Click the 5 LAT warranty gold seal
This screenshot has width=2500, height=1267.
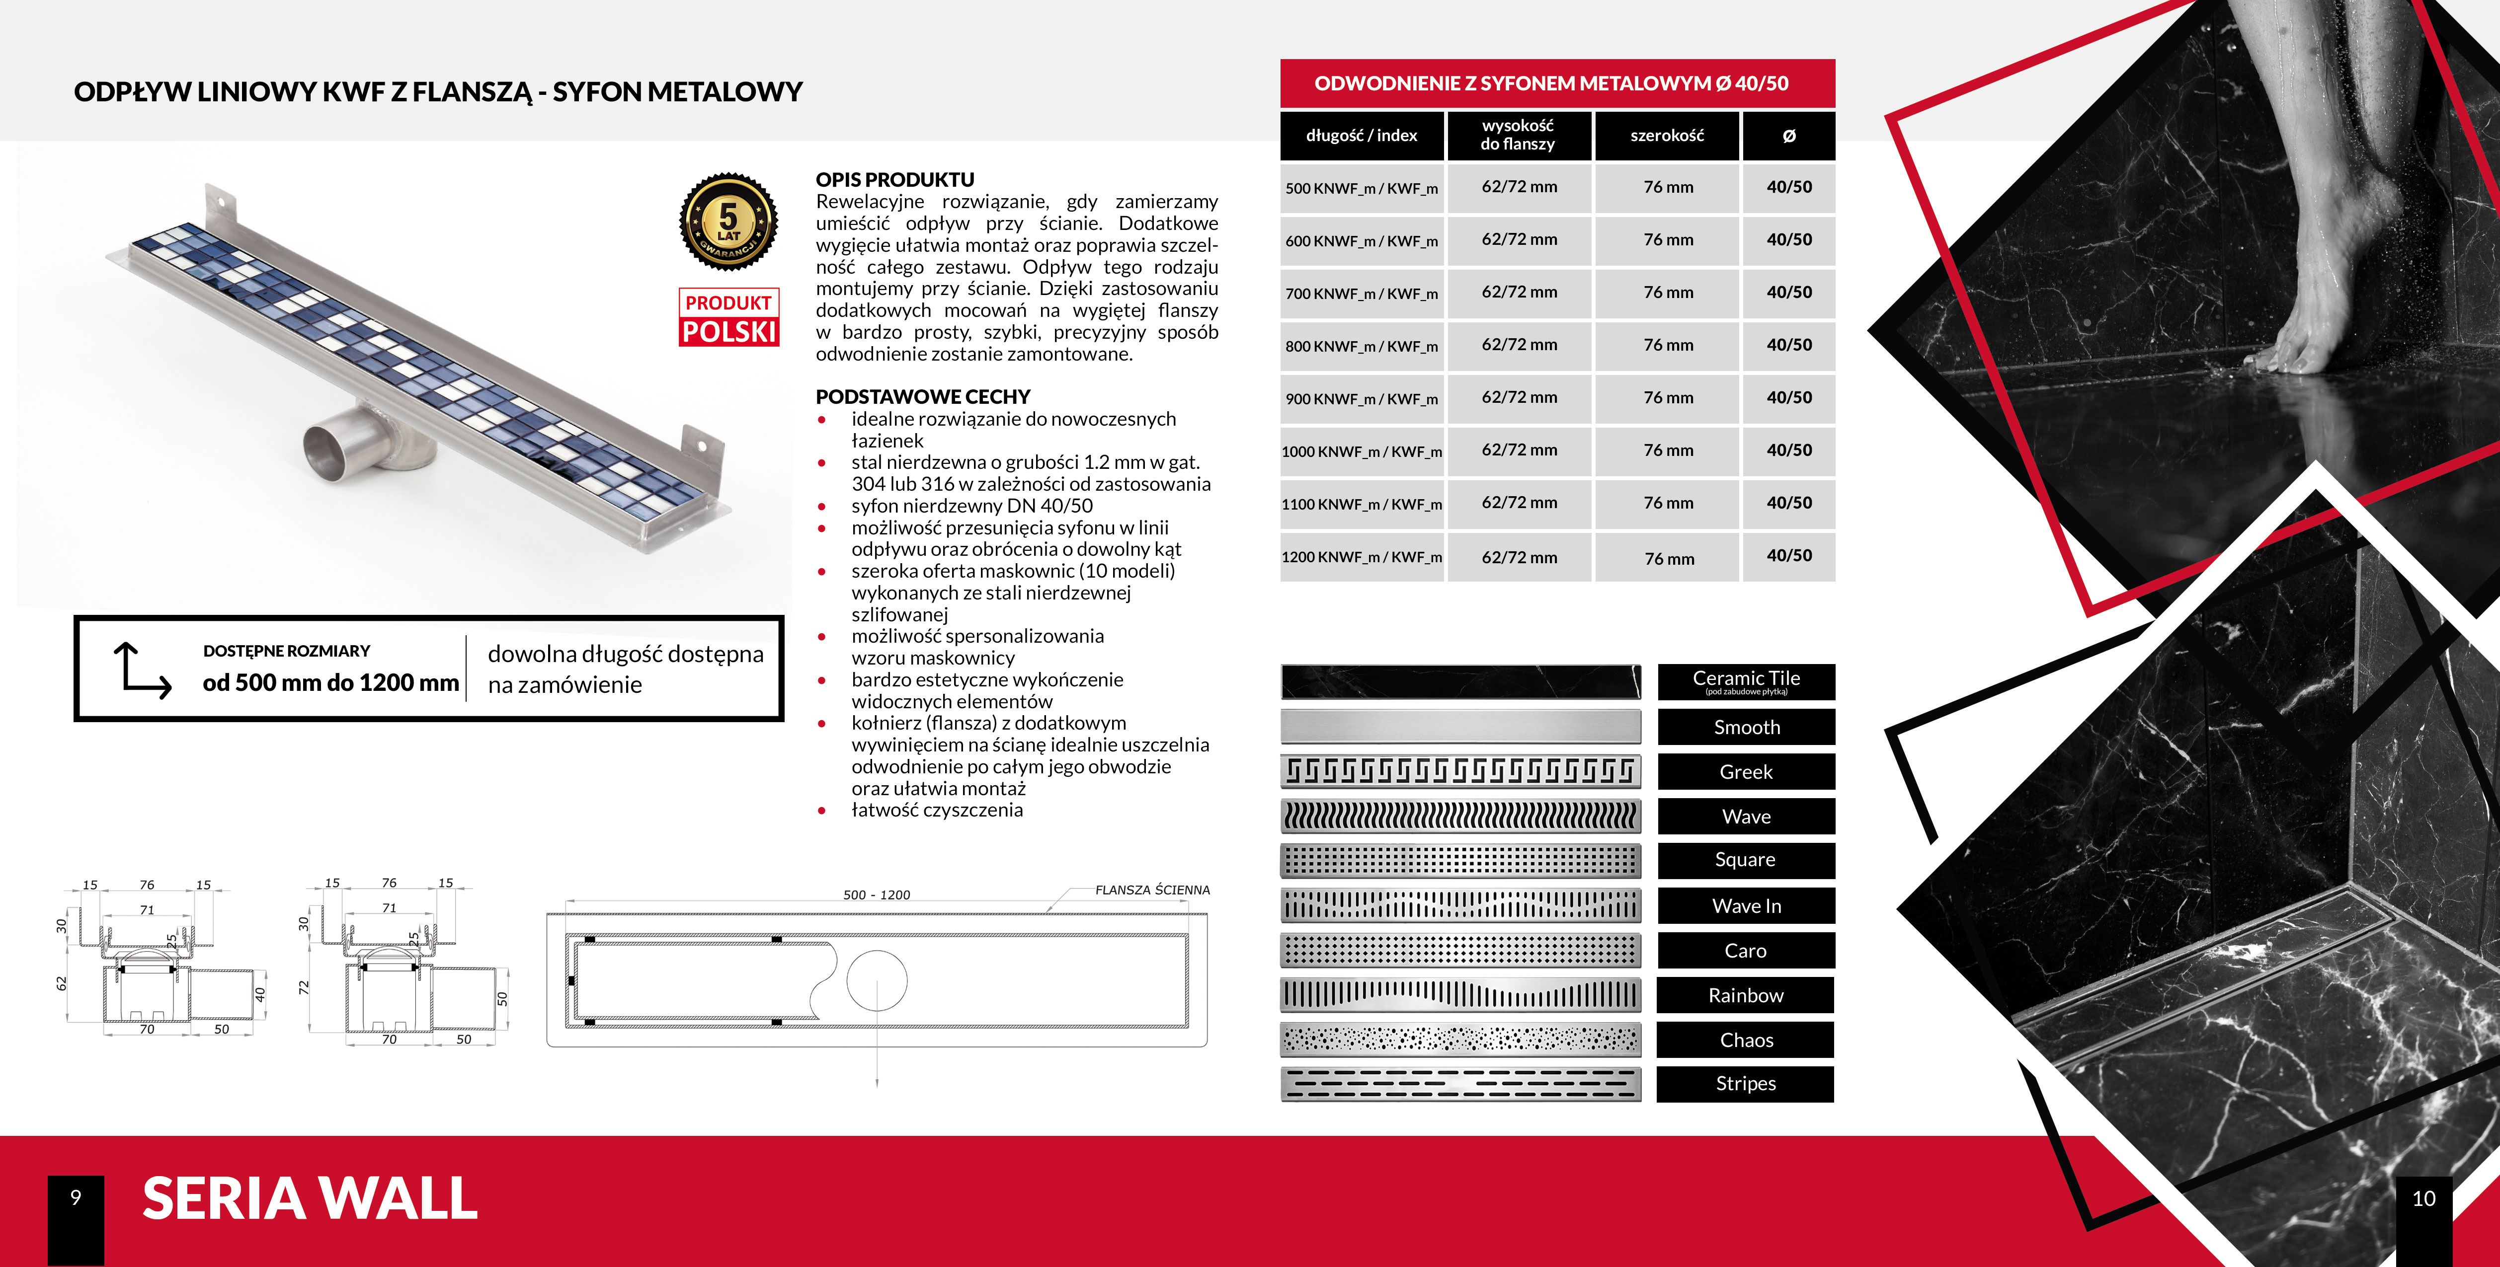click(728, 221)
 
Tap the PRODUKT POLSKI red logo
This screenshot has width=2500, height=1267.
click(728, 317)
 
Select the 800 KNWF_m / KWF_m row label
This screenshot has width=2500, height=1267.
click(1362, 346)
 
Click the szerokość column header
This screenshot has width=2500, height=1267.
click(1666, 136)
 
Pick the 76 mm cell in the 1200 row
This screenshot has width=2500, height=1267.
click(1668, 558)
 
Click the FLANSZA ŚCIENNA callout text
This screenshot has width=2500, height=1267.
click(1152, 890)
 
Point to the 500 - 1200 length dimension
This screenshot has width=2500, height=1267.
click(877, 894)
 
